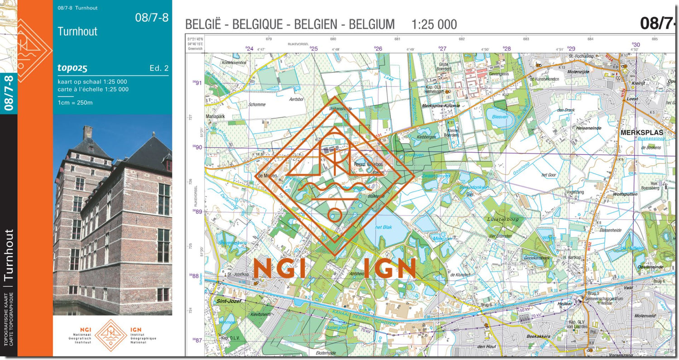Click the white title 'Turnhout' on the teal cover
(77, 32)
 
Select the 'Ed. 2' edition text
(159, 68)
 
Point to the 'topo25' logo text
(72, 68)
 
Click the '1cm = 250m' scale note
(75, 102)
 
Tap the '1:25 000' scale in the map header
(434, 24)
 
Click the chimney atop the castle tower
(87, 132)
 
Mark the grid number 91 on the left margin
(197, 83)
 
